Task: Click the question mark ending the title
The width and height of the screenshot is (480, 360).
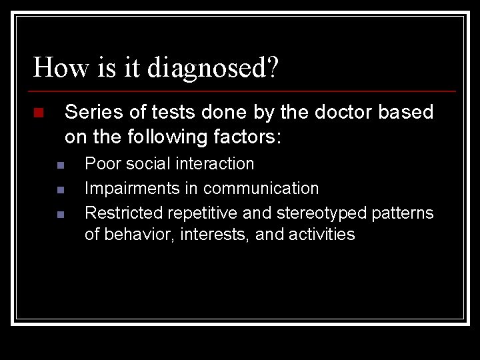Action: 272,67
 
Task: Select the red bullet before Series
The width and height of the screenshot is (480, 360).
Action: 38,113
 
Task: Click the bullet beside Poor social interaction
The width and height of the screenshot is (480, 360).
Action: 60,165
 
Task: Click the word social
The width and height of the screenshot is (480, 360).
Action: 145,163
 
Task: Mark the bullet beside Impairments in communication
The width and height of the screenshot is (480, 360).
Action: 60,190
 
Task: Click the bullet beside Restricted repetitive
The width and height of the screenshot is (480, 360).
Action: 60,215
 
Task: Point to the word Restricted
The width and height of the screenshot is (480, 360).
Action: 124,213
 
